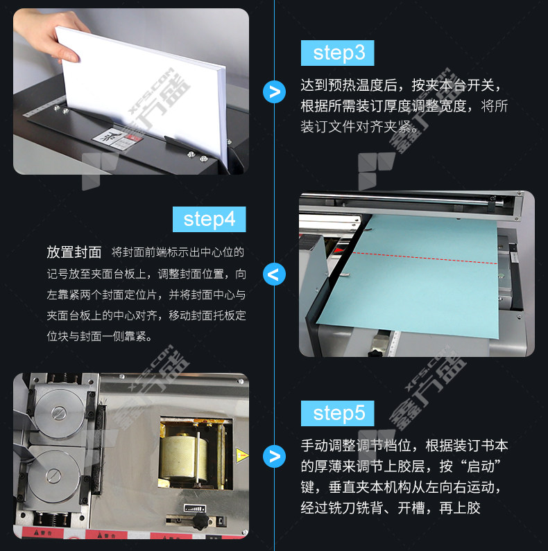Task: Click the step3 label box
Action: [x=337, y=53]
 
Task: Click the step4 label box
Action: [x=209, y=219]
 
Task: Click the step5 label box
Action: [x=337, y=413]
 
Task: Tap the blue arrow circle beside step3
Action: [x=275, y=91]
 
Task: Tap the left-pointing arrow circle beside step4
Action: [x=275, y=274]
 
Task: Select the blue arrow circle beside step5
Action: [x=275, y=457]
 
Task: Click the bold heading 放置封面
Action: [x=74, y=252]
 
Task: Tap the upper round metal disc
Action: [x=59, y=414]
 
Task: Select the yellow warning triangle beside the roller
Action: [x=241, y=455]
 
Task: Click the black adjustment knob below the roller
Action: [x=200, y=522]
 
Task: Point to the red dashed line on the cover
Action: [x=425, y=258]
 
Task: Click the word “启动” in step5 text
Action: [x=480, y=466]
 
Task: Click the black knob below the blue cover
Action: [x=375, y=351]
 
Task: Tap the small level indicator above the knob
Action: [x=195, y=508]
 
